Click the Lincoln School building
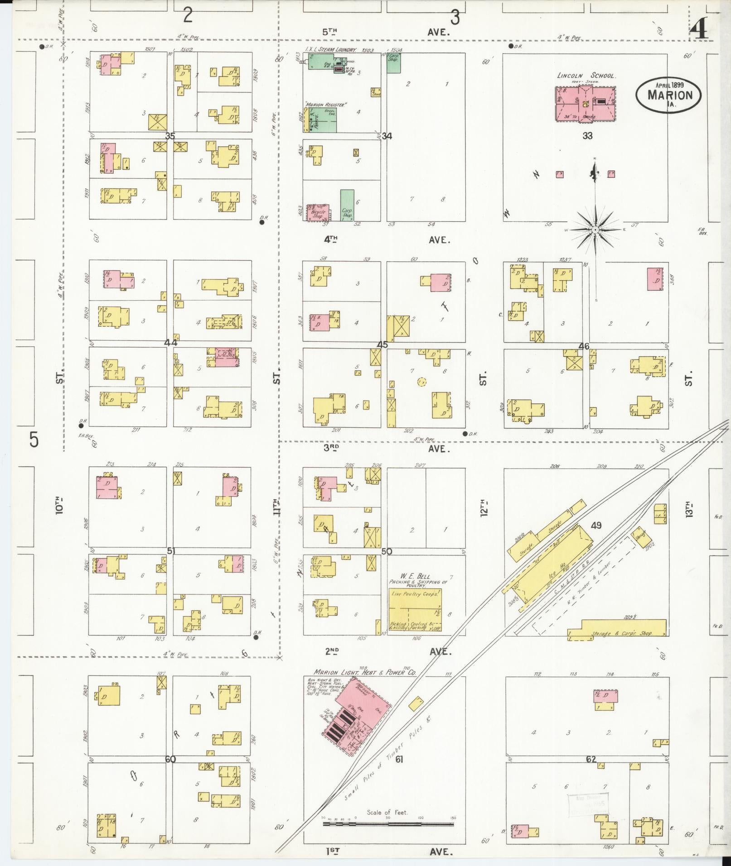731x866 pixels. click(x=585, y=104)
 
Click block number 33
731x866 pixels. click(x=587, y=136)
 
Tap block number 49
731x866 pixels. click(x=596, y=525)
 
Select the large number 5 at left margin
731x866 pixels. click(x=34, y=440)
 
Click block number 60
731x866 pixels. click(x=170, y=759)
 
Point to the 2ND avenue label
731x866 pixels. click(x=332, y=651)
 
